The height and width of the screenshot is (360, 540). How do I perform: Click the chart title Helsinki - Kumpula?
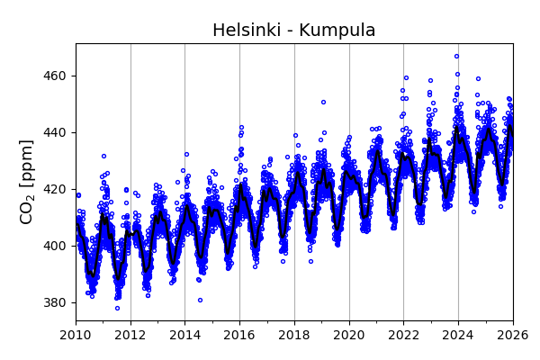click(x=293, y=31)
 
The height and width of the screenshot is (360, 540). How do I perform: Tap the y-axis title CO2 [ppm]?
click(x=27, y=182)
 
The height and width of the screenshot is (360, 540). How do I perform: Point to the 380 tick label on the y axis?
click(x=55, y=302)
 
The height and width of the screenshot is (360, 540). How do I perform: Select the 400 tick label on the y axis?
click(x=55, y=246)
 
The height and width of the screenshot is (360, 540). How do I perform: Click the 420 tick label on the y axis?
click(x=55, y=189)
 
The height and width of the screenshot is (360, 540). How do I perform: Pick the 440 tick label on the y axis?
click(x=55, y=132)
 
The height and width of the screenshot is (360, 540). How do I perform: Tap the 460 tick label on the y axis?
click(x=55, y=76)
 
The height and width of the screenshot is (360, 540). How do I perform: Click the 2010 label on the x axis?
click(x=76, y=336)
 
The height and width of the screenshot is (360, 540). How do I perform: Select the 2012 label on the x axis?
click(x=130, y=336)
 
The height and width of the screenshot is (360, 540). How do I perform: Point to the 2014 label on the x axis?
click(x=185, y=336)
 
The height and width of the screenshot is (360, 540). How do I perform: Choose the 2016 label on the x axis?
click(x=239, y=336)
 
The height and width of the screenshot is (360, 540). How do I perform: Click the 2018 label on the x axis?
click(x=294, y=336)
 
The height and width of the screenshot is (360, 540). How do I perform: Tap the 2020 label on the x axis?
click(x=349, y=336)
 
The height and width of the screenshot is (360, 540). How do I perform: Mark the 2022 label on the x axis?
click(x=404, y=336)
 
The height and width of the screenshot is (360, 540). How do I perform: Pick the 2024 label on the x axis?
click(x=458, y=336)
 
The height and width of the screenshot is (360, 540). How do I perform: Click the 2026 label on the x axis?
click(x=513, y=336)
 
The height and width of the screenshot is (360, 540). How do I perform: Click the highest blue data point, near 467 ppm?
click(x=456, y=56)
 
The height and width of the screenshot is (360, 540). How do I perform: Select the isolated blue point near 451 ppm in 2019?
click(x=323, y=102)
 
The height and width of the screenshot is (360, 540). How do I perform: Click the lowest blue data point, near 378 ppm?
click(x=117, y=308)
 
